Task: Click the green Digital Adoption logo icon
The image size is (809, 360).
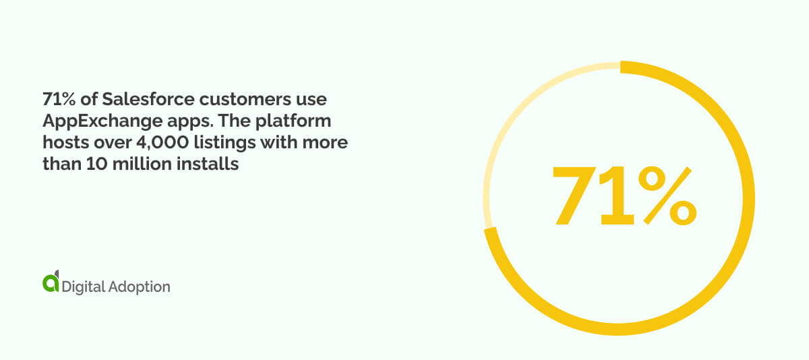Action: [x=51, y=283]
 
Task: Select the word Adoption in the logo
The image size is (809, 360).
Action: [x=140, y=287]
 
